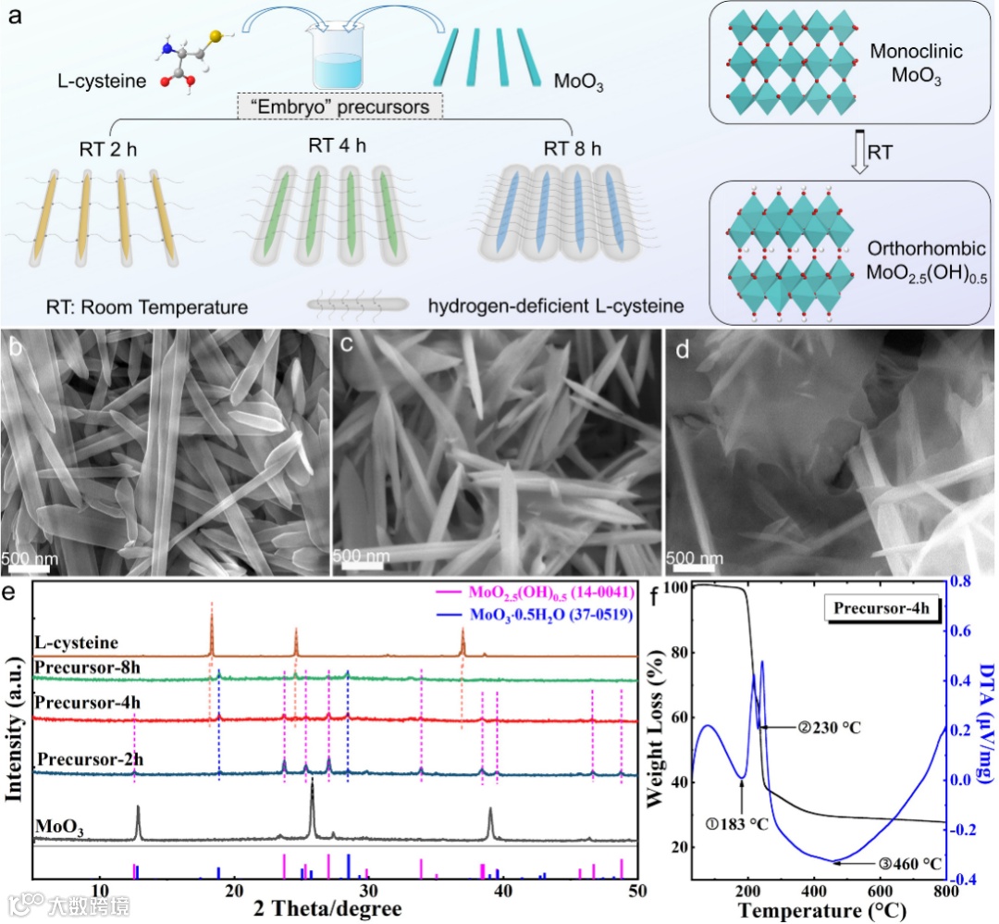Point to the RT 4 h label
tap(338, 145)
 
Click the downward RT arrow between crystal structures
tap(860, 152)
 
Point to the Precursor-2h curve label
tap(89, 760)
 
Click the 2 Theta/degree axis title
tap(329, 910)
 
